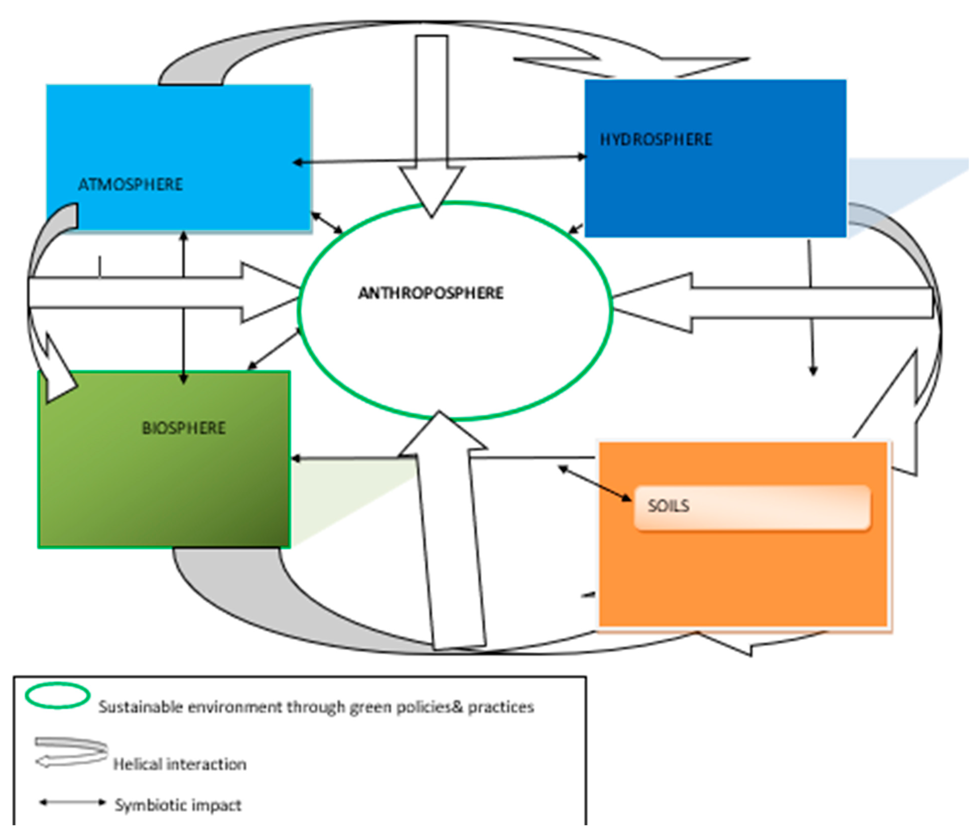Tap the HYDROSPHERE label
pyautogui.click(x=656, y=140)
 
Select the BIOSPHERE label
pyautogui.click(x=184, y=428)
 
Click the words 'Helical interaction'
pyautogui.click(x=179, y=764)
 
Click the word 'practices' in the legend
pyautogui.click(x=501, y=707)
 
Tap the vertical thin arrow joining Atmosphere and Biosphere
pyautogui.click(x=183, y=307)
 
